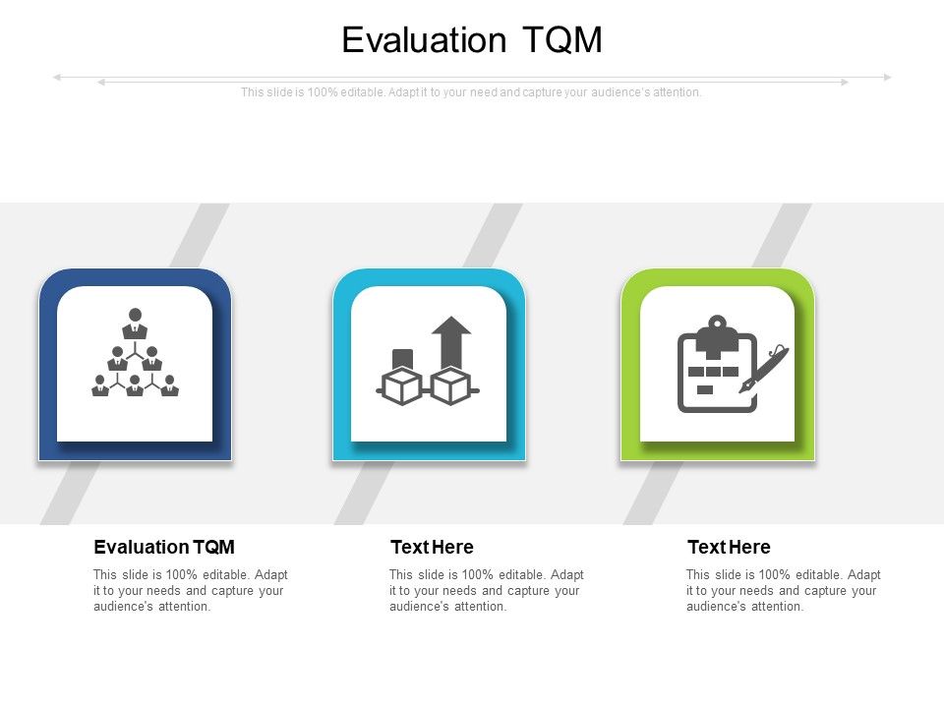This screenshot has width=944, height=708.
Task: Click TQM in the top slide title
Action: coord(561,40)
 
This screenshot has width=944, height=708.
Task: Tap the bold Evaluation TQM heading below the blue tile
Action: coord(164,548)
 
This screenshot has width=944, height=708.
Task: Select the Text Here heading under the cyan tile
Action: coord(432,548)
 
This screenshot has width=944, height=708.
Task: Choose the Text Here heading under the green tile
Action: coord(729,548)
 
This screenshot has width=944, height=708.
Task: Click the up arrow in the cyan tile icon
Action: coord(451,339)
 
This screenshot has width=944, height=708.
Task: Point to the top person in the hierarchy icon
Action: coord(135,324)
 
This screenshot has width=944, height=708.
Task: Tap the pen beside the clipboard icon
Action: coord(764,370)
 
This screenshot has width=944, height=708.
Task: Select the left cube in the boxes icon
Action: coord(402,385)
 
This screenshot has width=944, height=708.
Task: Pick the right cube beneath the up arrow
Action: coord(451,385)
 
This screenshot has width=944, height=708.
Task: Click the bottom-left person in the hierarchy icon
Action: coord(100,385)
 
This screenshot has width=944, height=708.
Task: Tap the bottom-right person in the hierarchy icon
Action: coord(170,385)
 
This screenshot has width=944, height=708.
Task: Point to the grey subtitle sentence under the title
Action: coord(472,92)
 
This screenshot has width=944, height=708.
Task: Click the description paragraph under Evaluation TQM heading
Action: coord(190,591)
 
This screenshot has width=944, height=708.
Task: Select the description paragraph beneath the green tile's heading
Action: coord(783,591)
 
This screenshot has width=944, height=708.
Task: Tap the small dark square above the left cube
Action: coord(402,357)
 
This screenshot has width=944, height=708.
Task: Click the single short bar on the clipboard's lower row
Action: coord(705,390)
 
